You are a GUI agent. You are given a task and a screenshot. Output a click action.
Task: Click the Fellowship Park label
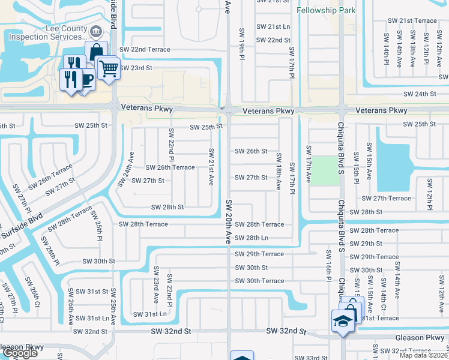pyautogui.click(x=327, y=10)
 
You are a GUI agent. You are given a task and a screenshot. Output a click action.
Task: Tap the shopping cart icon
pyautogui.click(x=109, y=69)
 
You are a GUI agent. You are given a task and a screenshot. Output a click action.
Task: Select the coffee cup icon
pyautogui.click(x=85, y=79)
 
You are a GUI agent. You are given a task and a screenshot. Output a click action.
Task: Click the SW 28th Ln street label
pyautogui.click(x=252, y=238)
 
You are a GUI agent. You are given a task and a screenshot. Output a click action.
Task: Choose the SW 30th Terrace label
pyautogui.click(x=259, y=281)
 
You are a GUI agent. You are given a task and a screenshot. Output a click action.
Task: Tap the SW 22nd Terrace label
pyautogui.click(x=145, y=49)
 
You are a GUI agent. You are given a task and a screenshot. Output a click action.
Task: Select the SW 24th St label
pyautogui.click(x=419, y=94)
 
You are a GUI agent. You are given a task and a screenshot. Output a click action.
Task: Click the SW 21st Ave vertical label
pyautogui.click(x=211, y=167)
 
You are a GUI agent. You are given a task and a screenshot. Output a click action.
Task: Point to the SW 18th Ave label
pyautogui.click(x=279, y=171)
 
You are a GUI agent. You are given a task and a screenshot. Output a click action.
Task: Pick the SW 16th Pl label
pyautogui.click(x=329, y=265)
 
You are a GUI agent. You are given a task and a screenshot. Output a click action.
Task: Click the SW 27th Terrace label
pyautogui.click(x=386, y=198)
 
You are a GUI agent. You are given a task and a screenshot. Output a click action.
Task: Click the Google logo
pyautogui.click(x=19, y=353)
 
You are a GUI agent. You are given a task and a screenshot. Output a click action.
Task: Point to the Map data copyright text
pyautogui.click(x=424, y=355)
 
